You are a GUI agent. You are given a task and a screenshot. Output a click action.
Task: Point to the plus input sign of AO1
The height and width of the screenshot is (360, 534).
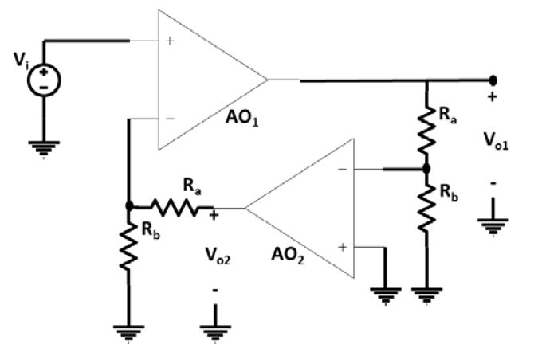(169, 40)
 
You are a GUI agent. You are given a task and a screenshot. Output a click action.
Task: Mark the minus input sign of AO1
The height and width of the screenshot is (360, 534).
(169, 119)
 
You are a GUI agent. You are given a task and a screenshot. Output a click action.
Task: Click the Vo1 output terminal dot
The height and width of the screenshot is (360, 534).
(493, 80)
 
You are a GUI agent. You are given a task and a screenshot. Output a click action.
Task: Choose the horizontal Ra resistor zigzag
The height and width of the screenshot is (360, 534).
(179, 208)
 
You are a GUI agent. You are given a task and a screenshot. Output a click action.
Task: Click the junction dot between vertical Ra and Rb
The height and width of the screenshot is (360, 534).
(426, 169)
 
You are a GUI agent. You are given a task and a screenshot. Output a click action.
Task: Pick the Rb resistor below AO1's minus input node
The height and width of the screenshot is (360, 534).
(129, 248)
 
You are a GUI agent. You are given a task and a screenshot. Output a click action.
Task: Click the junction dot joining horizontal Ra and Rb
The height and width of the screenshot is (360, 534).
(129, 205)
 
